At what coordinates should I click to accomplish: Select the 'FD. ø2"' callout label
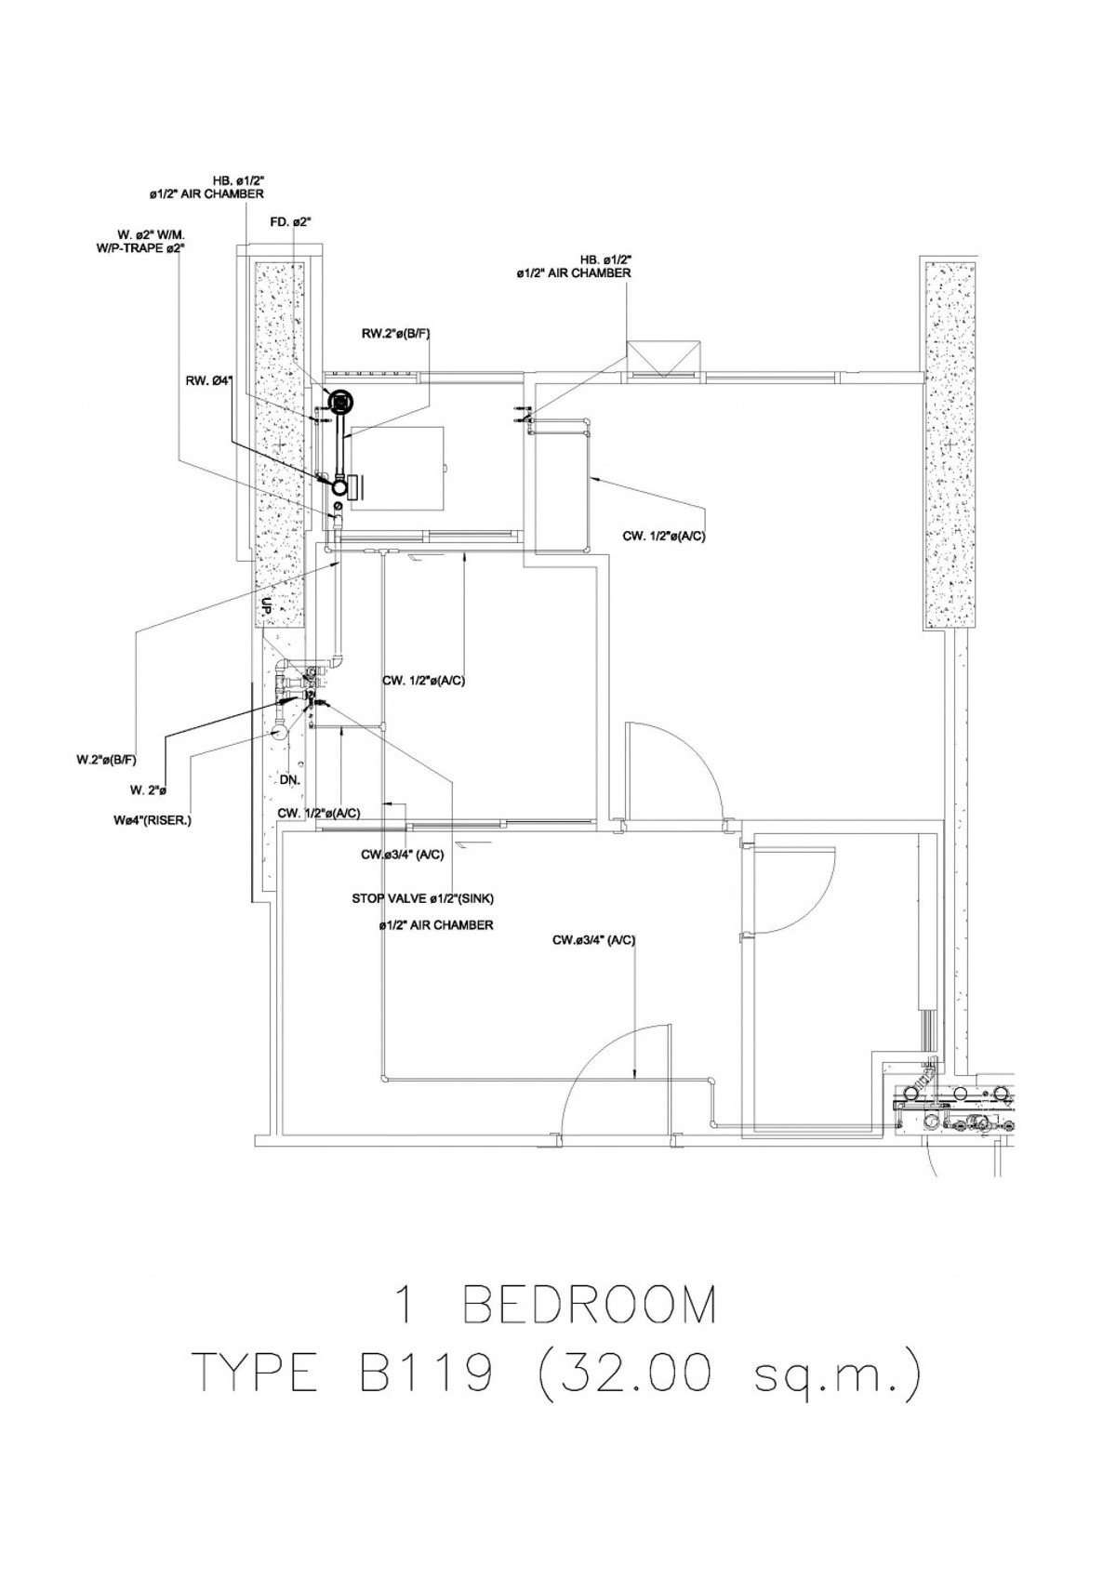(x=290, y=221)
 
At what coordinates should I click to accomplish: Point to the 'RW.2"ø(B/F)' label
(x=396, y=335)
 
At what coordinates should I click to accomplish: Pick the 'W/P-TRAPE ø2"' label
(x=150, y=248)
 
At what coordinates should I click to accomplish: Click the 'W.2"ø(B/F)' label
(x=106, y=759)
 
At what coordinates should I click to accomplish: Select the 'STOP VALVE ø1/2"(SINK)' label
(x=423, y=898)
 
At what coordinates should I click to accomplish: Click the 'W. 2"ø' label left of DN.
(x=148, y=790)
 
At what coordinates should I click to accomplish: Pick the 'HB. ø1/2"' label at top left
(x=237, y=182)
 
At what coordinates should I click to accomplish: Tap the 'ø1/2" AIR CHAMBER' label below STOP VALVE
(x=435, y=925)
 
